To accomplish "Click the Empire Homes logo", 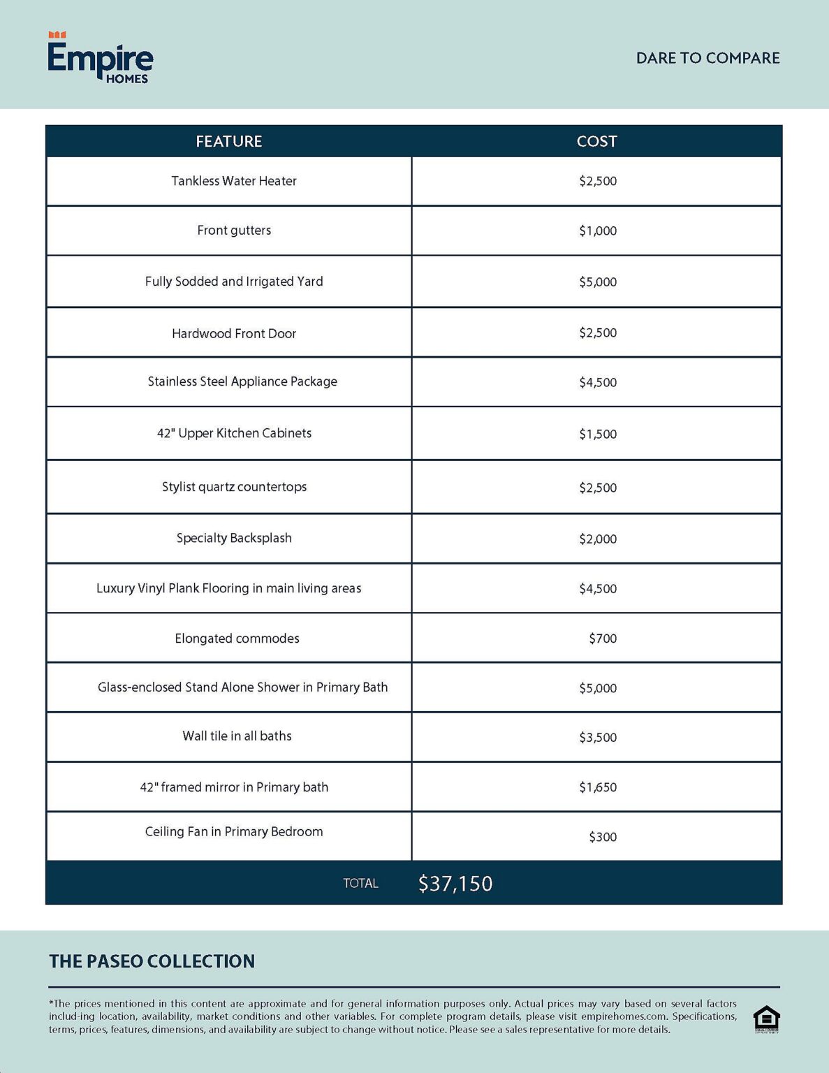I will (100, 59).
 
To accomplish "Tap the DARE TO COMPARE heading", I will (707, 58).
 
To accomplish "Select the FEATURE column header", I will (228, 141).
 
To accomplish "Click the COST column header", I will (596, 141).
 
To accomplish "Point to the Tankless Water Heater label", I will (234, 181).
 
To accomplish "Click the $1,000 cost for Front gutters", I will (598, 231).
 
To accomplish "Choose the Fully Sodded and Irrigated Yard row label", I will (234, 282).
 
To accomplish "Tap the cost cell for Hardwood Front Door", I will (598, 333).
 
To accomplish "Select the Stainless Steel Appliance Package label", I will (242, 381).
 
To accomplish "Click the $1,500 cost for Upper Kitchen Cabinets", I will (598, 434).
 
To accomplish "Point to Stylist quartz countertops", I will (234, 487).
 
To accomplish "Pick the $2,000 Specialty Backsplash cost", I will (598, 539).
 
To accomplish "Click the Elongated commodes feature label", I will (237, 638).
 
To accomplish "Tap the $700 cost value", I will (603, 638).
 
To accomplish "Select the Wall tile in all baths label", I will (237, 736).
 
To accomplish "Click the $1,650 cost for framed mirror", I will (598, 787).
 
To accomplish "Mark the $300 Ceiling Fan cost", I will (603, 837).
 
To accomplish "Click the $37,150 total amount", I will (455, 884).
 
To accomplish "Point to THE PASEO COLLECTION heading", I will (152, 961).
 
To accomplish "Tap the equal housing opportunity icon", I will (766, 1019).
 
